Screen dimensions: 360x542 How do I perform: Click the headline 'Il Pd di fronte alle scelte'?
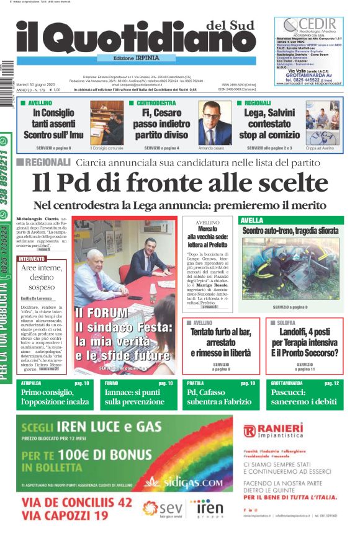pyautogui.click(x=180, y=183)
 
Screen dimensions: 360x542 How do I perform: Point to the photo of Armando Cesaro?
pyautogui.click(x=215, y=123)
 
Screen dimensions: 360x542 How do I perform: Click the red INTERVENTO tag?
pyautogui.click(x=32, y=258)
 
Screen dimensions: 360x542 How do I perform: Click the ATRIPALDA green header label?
pyautogui.click(x=32, y=384)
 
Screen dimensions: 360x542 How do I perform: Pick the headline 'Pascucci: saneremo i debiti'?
pyautogui.click(x=305, y=398)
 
